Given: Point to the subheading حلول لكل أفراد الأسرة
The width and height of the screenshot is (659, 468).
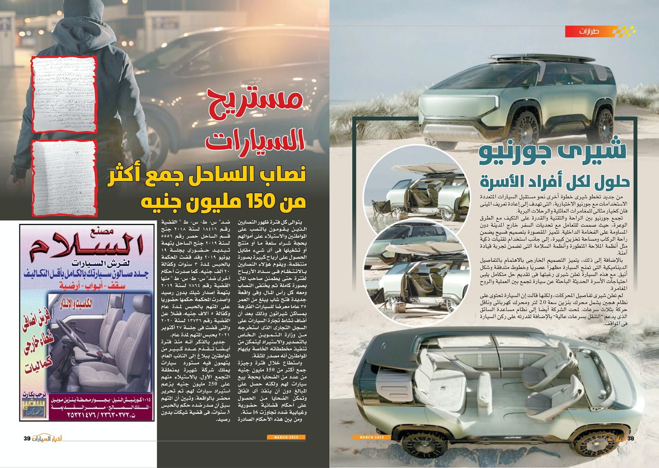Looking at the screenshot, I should [x=554, y=181].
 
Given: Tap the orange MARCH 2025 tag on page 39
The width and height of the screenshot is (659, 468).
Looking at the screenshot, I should [x=286, y=437].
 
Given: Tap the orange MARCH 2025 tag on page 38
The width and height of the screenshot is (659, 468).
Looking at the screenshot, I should [x=372, y=437].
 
